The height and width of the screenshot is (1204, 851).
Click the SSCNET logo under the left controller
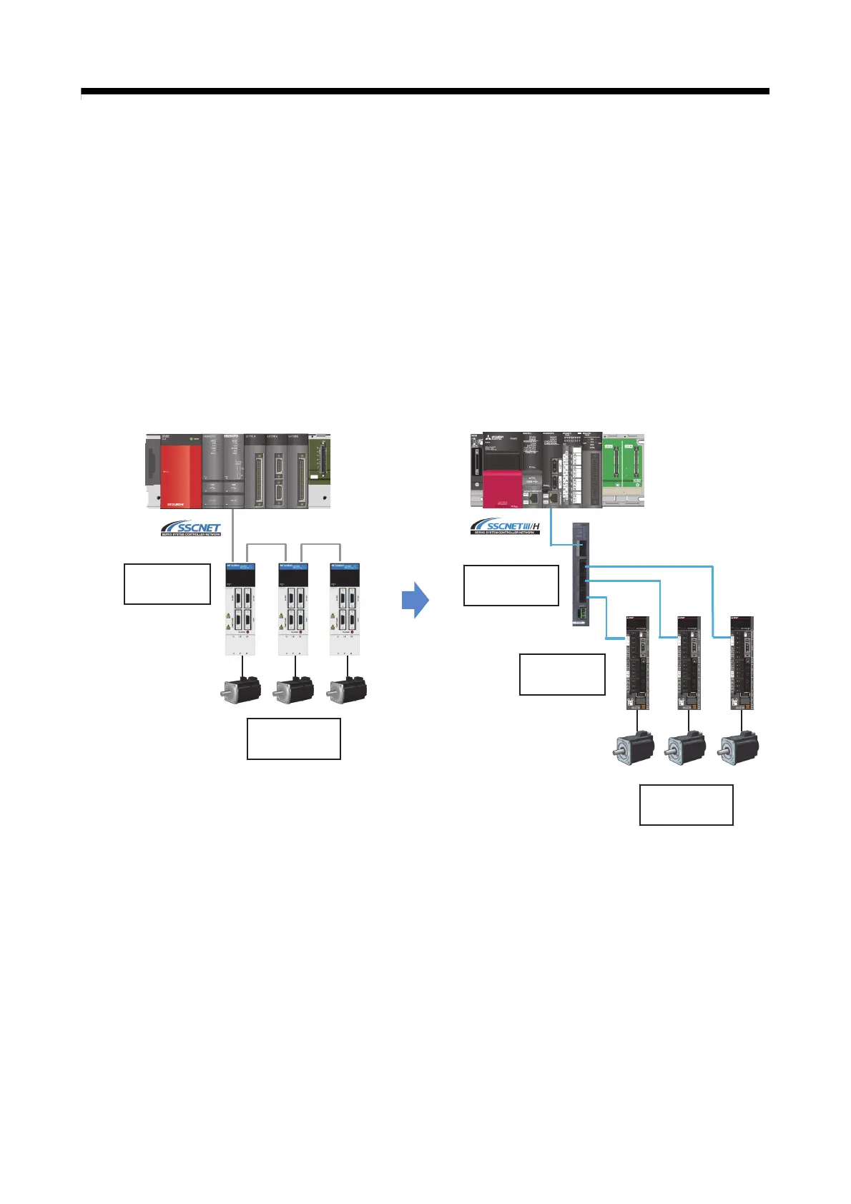[191, 529]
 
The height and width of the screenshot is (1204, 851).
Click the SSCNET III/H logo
[505, 528]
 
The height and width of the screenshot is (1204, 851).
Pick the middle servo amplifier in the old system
[293, 608]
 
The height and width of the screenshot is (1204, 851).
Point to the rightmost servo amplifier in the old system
[345, 608]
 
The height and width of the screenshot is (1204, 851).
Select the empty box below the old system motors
[293, 739]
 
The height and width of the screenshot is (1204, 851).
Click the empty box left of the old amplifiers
[167, 584]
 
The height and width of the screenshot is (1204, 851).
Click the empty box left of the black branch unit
[511, 585]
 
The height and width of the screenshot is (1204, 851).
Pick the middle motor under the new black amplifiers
[687, 748]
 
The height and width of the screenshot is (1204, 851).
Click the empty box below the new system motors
[686, 804]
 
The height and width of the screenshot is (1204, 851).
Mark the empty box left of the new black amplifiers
[562, 673]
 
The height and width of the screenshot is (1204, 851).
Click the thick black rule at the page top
[425, 92]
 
